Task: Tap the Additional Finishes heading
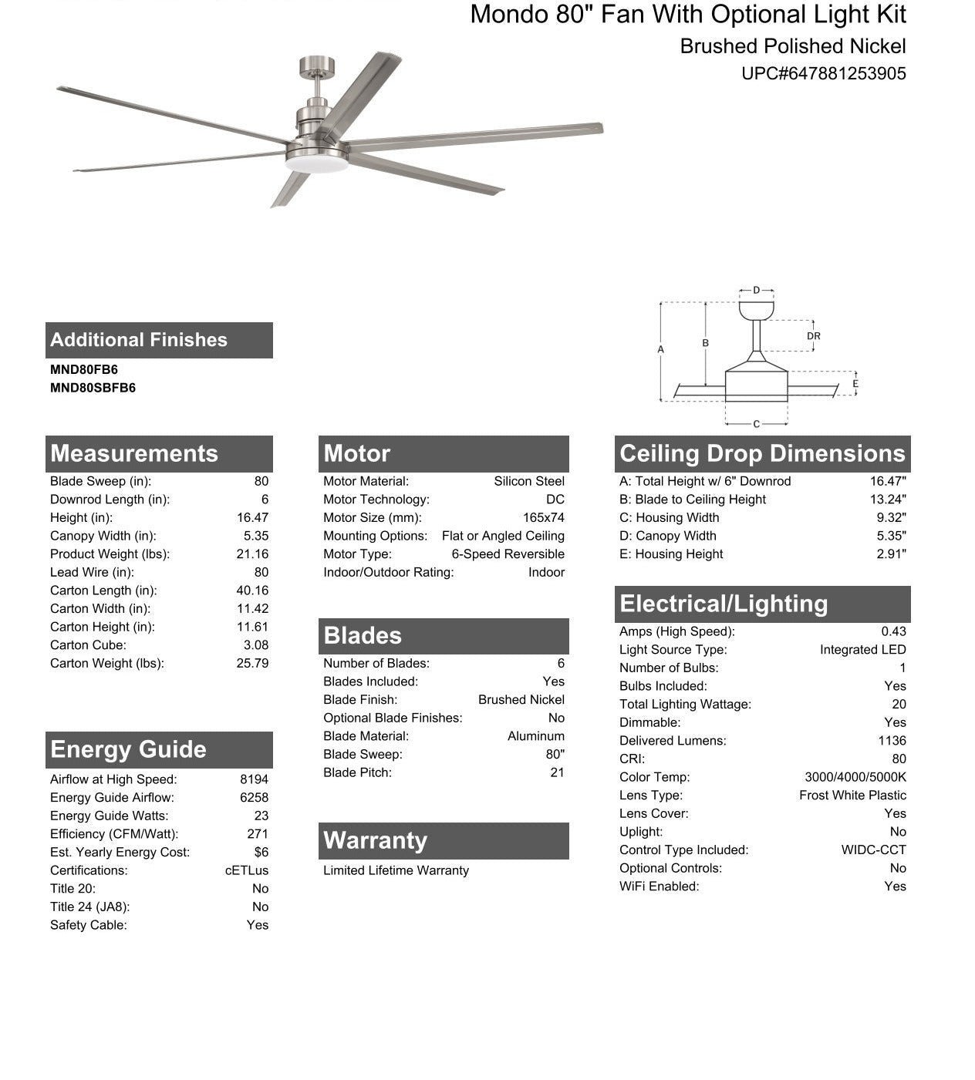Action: coord(139,340)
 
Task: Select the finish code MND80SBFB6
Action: coord(93,389)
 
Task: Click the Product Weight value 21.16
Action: coord(252,554)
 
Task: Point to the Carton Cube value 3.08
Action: coord(256,645)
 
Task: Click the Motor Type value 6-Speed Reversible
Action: coord(508,554)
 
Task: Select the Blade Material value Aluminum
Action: coord(535,736)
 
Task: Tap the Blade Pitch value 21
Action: coord(557,772)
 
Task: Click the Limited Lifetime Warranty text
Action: coord(396,870)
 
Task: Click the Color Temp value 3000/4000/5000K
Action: coord(855,777)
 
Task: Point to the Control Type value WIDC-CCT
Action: coord(873,850)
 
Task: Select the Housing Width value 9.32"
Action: coord(891,518)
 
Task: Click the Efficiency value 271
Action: coord(258,834)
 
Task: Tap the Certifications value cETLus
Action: coord(247,870)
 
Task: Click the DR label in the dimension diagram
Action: coord(814,336)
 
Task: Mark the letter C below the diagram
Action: coord(756,424)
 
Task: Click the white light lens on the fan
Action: coord(316,164)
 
